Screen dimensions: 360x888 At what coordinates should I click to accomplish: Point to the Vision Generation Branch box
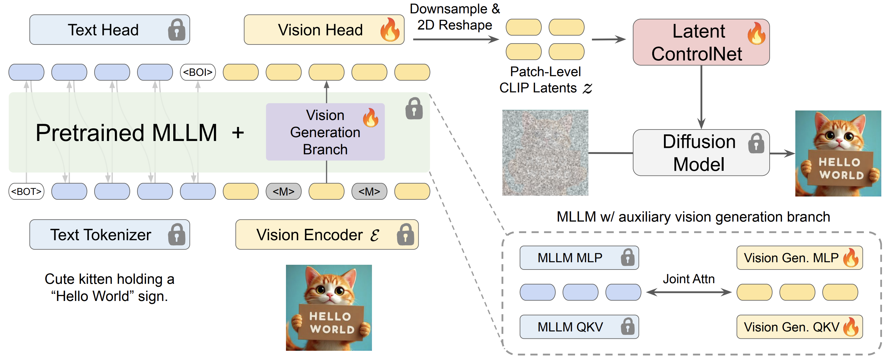tap(325, 132)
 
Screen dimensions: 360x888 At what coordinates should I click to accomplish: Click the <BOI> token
tap(198, 72)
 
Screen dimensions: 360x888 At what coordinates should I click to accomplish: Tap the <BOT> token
tap(26, 191)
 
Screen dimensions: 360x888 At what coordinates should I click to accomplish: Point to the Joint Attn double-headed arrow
tap(688, 292)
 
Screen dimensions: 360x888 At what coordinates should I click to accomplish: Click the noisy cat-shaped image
tap(545, 153)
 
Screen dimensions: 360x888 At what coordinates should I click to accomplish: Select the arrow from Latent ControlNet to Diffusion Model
tap(701, 97)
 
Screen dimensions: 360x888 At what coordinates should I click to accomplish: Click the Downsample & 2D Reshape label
tap(454, 17)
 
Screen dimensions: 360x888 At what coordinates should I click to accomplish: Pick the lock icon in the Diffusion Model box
tap(756, 143)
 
